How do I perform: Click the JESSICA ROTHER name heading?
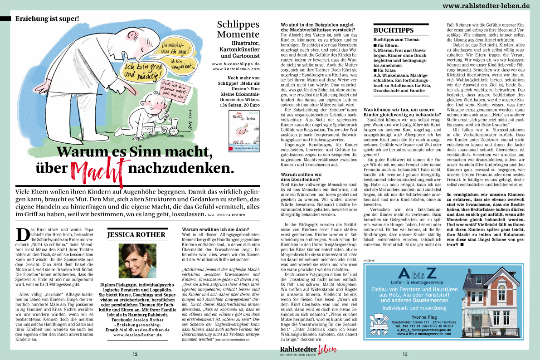click(136, 234)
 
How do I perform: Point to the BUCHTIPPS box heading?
click(393, 30)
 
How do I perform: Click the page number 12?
click(135, 354)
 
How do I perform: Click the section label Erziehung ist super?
click(47, 19)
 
